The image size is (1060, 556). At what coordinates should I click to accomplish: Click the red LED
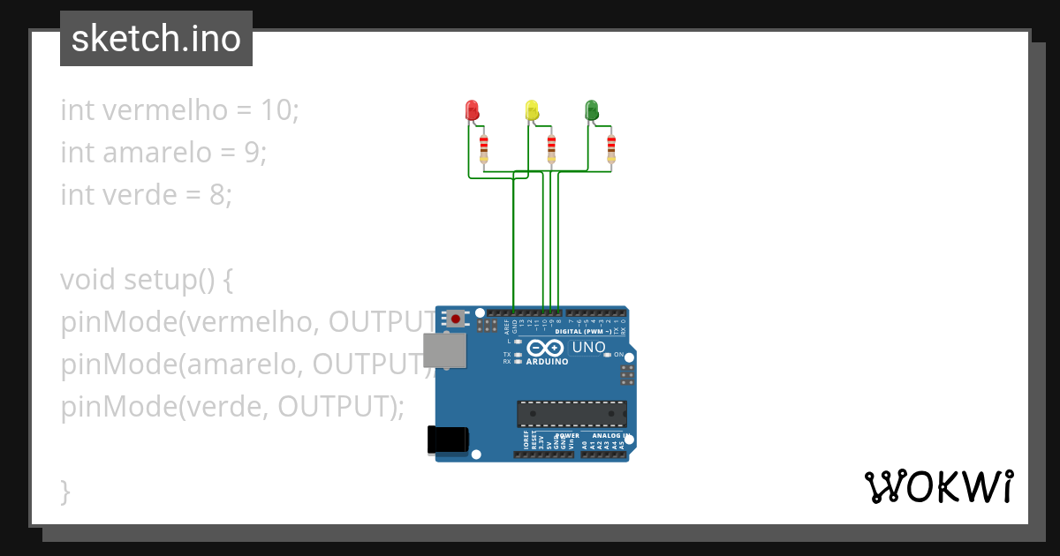pyautogui.click(x=472, y=110)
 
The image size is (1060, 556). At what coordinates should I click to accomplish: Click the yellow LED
pyautogui.click(x=532, y=109)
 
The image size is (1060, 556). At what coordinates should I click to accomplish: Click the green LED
pyautogui.click(x=592, y=109)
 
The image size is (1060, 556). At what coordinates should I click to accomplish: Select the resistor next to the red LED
pyautogui.click(x=484, y=148)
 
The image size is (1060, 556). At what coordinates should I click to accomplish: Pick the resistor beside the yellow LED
pyautogui.click(x=552, y=148)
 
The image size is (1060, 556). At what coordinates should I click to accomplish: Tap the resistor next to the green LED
pyautogui.click(x=611, y=148)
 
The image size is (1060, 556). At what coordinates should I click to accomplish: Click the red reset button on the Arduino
pyautogui.click(x=455, y=319)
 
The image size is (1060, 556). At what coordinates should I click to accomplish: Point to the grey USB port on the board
pyautogui.click(x=444, y=349)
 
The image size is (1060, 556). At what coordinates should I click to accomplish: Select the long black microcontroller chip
pyautogui.click(x=572, y=413)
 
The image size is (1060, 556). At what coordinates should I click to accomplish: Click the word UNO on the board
pyautogui.click(x=589, y=348)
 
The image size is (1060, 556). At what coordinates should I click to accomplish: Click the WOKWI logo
pyautogui.click(x=938, y=486)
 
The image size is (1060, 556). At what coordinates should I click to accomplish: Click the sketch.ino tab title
pyautogui.click(x=156, y=39)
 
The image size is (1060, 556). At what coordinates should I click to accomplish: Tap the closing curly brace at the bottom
pyautogui.click(x=65, y=492)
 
